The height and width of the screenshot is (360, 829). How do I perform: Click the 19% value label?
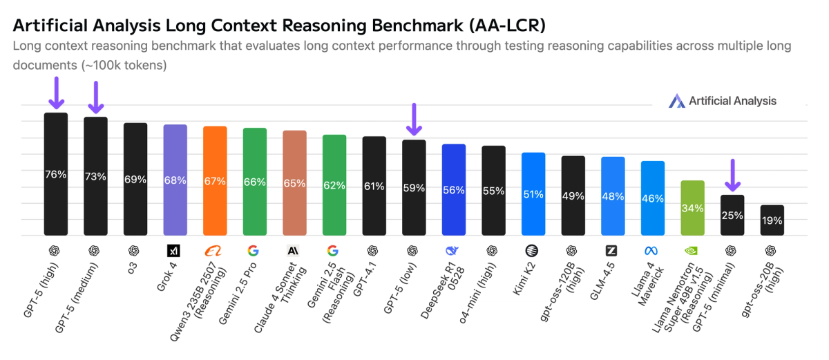(772, 221)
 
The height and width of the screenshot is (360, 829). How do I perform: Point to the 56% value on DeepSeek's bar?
(454, 191)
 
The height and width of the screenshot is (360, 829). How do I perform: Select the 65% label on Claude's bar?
(295, 184)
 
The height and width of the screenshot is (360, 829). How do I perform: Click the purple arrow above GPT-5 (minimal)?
(732, 176)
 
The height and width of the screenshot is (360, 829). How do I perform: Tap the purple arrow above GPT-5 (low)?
(414, 120)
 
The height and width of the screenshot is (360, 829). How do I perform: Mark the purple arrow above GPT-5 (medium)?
(96, 97)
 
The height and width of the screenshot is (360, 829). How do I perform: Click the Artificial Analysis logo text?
(732, 101)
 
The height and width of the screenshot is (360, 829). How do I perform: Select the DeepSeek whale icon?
(454, 250)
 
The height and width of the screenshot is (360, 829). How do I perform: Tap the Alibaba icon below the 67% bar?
(215, 250)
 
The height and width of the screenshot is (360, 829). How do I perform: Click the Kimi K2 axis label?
(523, 279)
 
